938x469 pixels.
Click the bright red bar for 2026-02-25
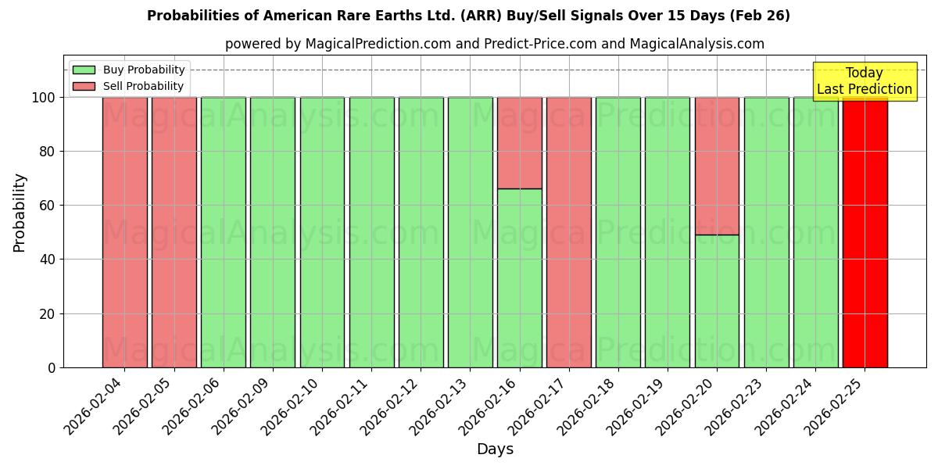coord(865,232)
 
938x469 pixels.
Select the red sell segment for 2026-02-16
coord(519,142)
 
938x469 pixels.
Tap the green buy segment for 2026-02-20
coord(717,301)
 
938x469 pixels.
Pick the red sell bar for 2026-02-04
coord(124,232)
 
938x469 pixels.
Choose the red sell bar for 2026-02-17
coord(568,232)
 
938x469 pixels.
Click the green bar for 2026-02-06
coord(224,232)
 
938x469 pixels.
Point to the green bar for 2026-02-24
coord(815,232)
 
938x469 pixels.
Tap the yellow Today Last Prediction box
coord(864,81)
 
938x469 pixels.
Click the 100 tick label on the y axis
coord(43,98)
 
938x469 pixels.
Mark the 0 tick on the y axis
coord(51,367)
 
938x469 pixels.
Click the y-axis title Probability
coord(20,212)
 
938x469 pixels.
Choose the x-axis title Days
coord(495,449)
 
